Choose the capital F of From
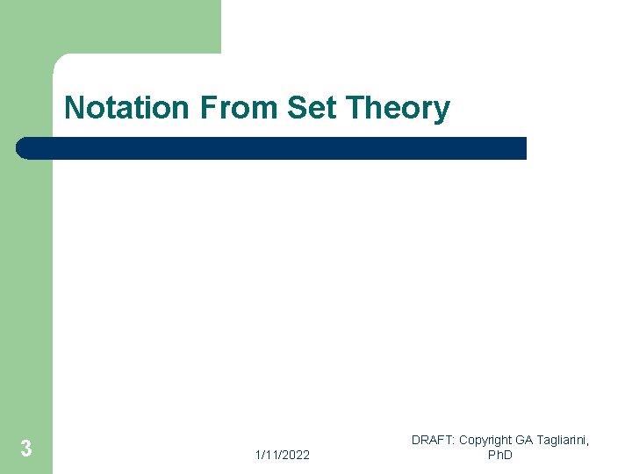coord(208,108)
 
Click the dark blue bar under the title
coord(272,148)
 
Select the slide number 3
coord(26,449)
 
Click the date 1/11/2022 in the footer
coord(282,455)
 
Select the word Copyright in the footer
coord(486,440)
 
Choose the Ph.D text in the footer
coord(499,455)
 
